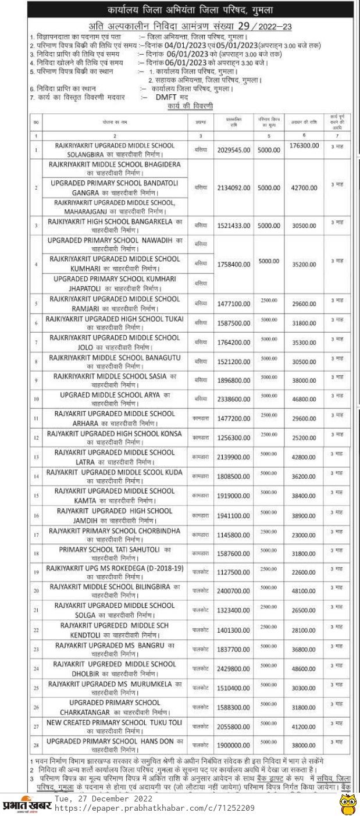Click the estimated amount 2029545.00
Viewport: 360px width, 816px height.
(x=232, y=149)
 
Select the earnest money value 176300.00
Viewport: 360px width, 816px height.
(x=304, y=145)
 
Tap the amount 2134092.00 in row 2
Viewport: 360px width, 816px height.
(x=232, y=188)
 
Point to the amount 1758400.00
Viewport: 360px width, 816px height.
(x=232, y=264)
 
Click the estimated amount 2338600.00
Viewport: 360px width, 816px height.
(x=232, y=400)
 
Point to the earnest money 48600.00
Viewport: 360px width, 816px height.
(x=304, y=669)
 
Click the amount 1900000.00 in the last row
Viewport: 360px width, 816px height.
(x=232, y=745)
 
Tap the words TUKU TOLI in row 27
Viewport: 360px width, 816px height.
(x=166, y=722)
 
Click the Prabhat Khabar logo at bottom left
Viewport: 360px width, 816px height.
(x=27, y=804)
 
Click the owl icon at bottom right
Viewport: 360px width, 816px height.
(x=347, y=803)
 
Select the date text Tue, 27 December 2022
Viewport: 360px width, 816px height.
(x=104, y=799)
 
